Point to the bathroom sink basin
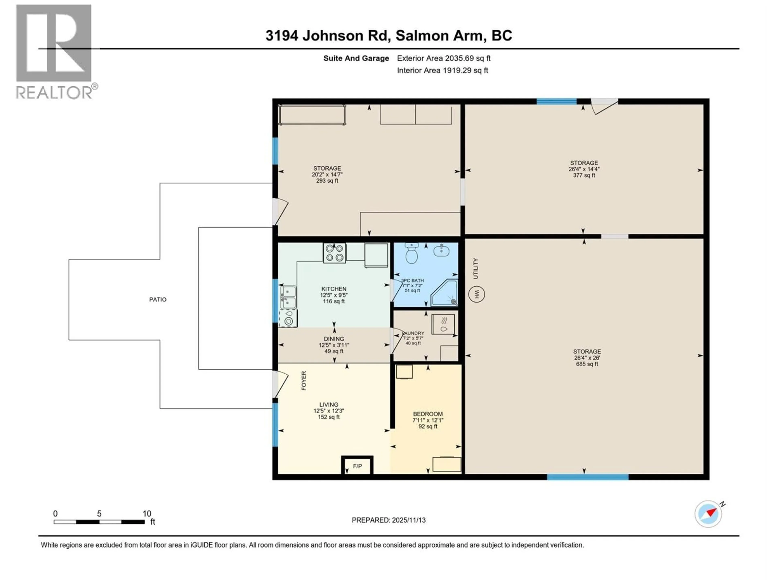click(x=441, y=251)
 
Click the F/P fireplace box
click(x=357, y=466)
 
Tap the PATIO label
click(x=158, y=299)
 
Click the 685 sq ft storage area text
click(x=587, y=364)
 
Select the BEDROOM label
click(x=428, y=414)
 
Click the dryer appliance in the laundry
click(x=443, y=324)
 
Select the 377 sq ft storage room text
click(x=584, y=175)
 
